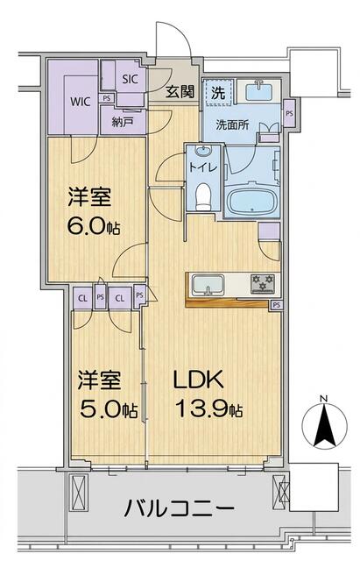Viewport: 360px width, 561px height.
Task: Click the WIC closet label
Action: click(80, 102)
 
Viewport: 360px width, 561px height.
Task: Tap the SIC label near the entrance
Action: click(131, 79)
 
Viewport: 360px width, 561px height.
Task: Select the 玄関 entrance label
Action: click(180, 92)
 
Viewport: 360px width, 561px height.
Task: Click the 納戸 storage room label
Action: click(123, 123)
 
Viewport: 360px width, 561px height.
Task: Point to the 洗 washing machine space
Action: click(218, 93)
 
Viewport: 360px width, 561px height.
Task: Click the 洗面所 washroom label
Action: click(232, 125)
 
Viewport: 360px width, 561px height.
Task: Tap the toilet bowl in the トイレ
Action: click(204, 196)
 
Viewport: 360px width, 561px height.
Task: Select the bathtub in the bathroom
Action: click(253, 202)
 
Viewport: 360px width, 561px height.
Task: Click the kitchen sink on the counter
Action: click(208, 285)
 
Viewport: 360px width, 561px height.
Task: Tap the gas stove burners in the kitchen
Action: click(263, 282)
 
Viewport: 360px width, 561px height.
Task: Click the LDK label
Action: click(199, 380)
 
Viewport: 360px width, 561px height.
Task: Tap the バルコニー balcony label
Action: click(179, 508)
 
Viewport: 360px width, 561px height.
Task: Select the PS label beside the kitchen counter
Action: click(276, 305)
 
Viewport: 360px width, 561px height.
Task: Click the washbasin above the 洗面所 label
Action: click(258, 91)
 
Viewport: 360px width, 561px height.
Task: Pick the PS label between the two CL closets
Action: click(101, 297)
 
